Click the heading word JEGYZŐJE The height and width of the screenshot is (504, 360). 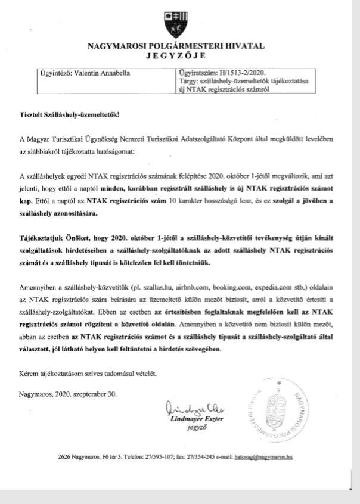coord(179,57)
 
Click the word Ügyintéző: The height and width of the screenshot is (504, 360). coord(51,74)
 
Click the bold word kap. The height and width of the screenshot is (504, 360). coord(26,201)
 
